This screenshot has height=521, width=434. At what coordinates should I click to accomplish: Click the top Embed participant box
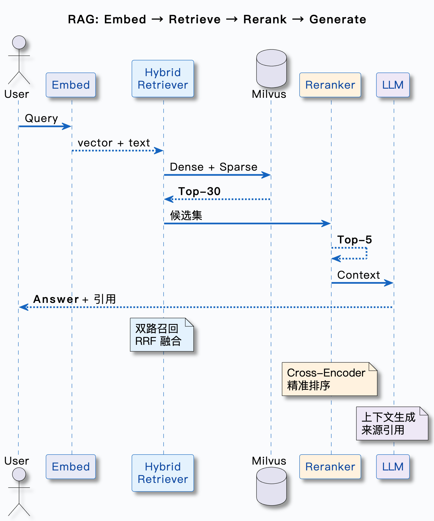tap(71, 85)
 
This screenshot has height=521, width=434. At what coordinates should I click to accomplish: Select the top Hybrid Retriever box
tap(163, 79)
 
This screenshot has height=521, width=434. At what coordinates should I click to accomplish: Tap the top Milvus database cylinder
tap(271, 69)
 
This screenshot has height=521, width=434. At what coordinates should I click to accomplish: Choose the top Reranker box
tap(330, 85)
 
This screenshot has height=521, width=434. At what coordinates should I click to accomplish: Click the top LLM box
tap(393, 85)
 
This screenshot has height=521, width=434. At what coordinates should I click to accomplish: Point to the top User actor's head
tap(19, 43)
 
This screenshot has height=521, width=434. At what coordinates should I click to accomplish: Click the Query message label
tap(41, 118)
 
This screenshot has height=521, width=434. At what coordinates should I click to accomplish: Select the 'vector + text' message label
tap(114, 143)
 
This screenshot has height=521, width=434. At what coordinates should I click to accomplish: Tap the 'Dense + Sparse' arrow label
tap(213, 167)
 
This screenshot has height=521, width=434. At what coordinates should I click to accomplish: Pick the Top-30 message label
tap(199, 191)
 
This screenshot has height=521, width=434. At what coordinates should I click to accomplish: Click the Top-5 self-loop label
tap(354, 240)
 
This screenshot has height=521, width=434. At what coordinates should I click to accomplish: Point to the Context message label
tap(358, 275)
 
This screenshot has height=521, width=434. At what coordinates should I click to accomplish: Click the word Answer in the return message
tap(56, 299)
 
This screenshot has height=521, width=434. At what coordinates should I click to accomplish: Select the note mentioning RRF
tap(162, 335)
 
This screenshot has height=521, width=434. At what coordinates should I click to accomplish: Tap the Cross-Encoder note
tap(329, 379)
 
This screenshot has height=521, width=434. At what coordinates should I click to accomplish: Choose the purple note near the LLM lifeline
tap(392, 423)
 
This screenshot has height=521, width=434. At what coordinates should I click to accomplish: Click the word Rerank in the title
tap(265, 19)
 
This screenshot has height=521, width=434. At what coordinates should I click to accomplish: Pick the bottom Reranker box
tap(330, 467)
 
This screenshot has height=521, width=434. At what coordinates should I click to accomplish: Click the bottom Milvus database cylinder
tap(271, 486)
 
